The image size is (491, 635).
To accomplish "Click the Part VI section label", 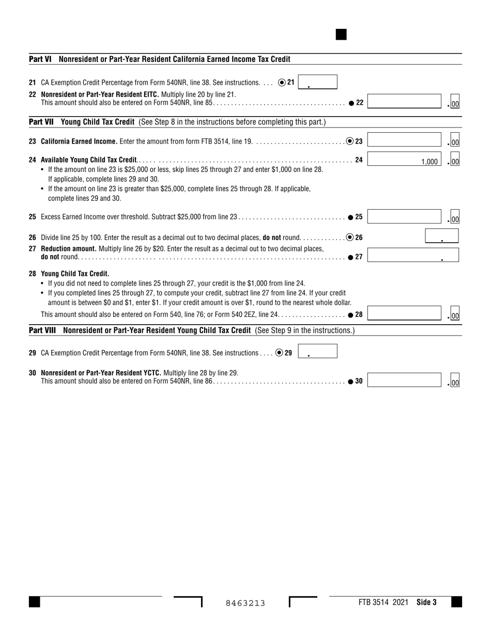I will click(40, 59).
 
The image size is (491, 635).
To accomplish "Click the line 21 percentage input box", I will click(317, 82).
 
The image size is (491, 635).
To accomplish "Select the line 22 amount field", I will click(404, 102).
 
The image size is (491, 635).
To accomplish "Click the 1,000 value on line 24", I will click(429, 162).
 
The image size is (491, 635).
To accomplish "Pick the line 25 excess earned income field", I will click(404, 217).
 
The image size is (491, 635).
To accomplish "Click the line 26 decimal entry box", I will click(441, 236).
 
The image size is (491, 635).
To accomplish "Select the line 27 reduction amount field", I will click(412, 255).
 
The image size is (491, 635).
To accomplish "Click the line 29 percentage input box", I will click(317, 352).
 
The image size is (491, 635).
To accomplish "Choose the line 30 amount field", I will click(404, 381).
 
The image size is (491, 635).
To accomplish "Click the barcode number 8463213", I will click(245, 603).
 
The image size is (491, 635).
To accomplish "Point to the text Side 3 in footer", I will click(426, 602).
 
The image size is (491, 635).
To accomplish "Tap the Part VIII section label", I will click(43, 330).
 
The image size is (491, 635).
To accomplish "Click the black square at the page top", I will click(341, 35).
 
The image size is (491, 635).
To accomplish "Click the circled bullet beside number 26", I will click(350, 237).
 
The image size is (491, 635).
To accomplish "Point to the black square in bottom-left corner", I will click(34, 602).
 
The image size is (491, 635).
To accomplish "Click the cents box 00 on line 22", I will click(455, 104).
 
